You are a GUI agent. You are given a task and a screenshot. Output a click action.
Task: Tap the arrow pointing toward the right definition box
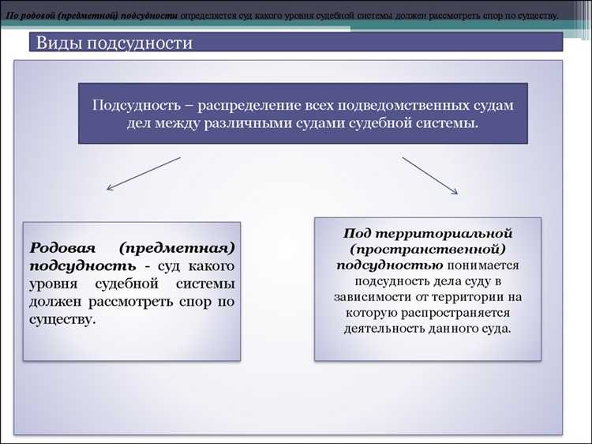429,175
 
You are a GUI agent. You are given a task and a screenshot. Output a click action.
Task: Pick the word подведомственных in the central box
404,105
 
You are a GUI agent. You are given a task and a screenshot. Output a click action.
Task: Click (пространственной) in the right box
428,250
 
